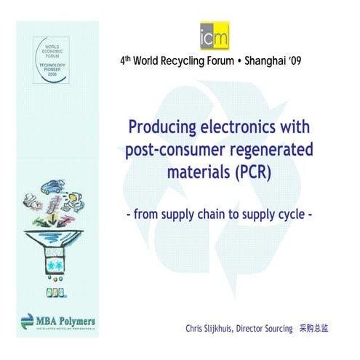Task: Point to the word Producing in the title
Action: pos(161,128)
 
